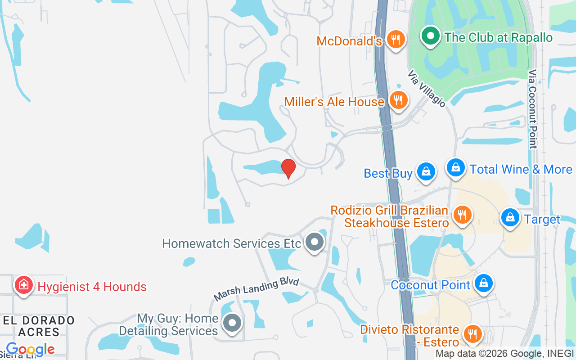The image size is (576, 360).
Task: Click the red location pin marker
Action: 288,168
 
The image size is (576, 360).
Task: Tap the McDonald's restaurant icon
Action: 396,39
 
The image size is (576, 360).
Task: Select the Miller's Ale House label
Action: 334,102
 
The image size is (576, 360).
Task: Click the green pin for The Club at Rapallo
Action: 431,36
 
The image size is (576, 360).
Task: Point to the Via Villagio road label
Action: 427,88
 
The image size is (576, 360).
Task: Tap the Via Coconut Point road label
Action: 533,109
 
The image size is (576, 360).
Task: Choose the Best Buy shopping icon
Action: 425,171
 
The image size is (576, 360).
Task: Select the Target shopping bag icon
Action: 510,218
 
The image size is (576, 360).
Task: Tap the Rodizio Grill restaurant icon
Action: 462,214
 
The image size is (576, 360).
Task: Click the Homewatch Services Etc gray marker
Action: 315,242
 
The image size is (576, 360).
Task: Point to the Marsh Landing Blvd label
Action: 256,289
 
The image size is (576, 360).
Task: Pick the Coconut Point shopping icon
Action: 483,283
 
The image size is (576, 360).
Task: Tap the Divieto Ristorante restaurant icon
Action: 472,334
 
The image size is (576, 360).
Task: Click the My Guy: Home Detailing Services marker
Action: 232,323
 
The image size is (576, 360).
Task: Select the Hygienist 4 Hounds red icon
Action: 24,285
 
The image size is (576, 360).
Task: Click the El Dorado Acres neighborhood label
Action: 39,326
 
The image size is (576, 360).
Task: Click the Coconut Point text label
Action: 431,285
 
